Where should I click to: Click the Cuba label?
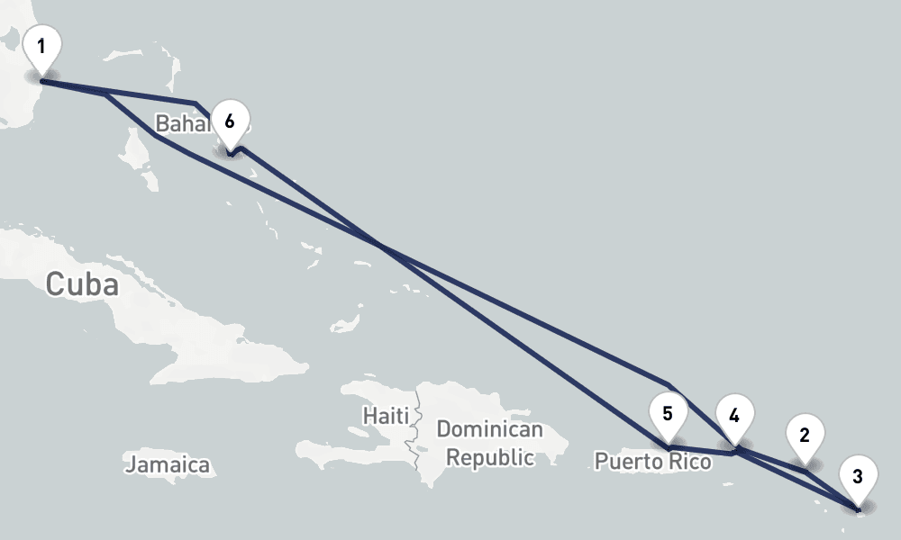pyautogui.click(x=82, y=284)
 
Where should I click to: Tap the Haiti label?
pyautogui.click(x=386, y=416)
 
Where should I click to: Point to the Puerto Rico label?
pyautogui.click(x=652, y=462)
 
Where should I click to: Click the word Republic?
pyautogui.click(x=490, y=457)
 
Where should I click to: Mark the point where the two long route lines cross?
pyautogui.click(x=383, y=246)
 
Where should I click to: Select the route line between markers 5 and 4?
pyautogui.click(x=701, y=449)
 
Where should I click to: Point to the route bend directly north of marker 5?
pyautogui.click(x=668, y=384)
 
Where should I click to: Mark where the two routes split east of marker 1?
pyautogui.click(x=106, y=92)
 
